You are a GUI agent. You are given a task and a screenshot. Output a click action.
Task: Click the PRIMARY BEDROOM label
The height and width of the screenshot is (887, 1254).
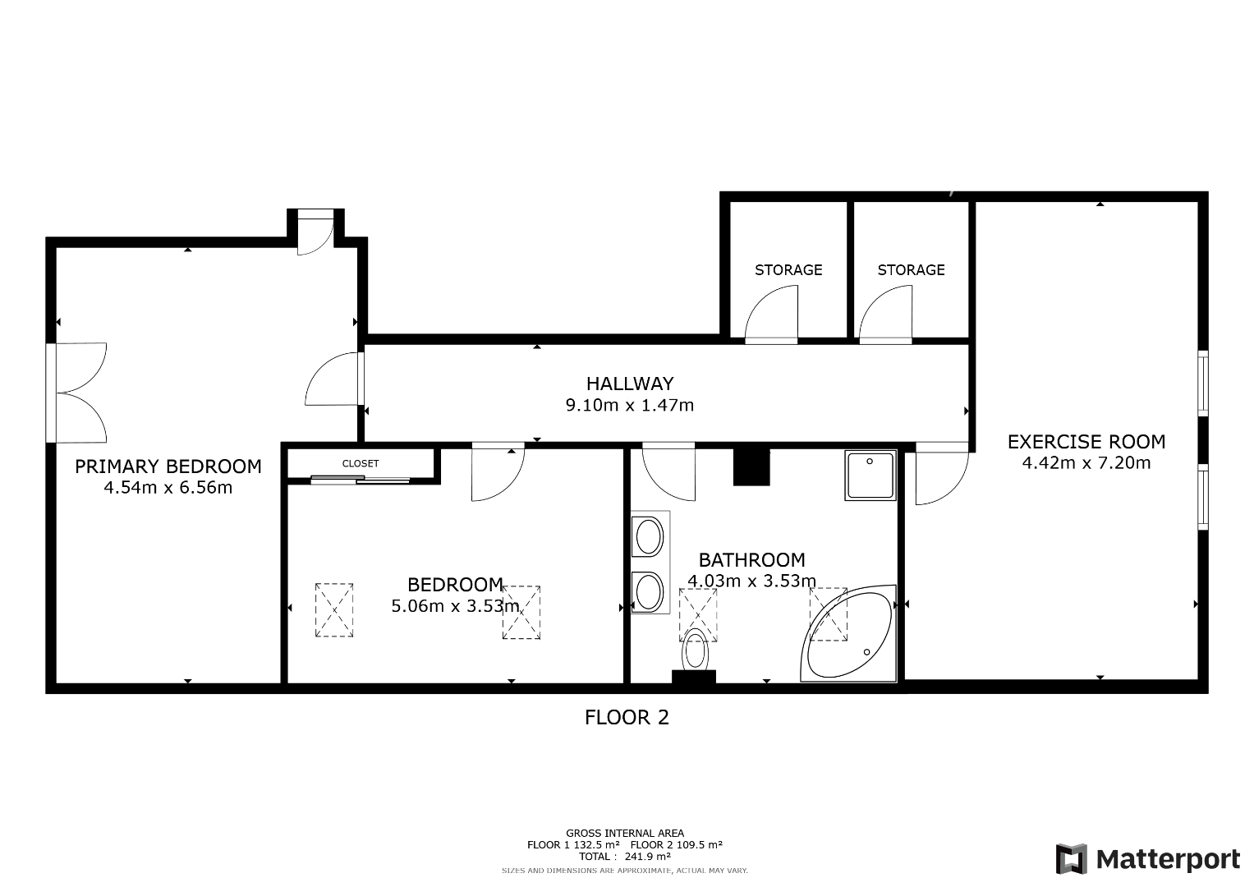tap(168, 466)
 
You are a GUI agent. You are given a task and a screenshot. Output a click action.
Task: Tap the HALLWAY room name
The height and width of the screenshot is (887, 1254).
tap(630, 384)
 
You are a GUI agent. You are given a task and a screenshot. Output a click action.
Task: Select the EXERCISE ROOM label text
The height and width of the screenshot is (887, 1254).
tap(1086, 442)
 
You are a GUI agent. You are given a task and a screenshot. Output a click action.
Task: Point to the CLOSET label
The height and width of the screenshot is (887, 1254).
tap(361, 464)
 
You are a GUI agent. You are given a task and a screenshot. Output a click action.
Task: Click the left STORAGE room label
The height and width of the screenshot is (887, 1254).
tap(788, 270)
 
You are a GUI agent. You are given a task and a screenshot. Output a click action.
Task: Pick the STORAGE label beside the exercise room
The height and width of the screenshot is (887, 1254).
tap(911, 270)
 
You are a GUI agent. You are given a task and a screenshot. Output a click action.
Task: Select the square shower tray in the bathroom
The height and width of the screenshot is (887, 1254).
tap(870, 476)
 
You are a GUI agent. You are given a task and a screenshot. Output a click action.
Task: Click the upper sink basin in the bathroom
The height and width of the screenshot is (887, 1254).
tap(649, 535)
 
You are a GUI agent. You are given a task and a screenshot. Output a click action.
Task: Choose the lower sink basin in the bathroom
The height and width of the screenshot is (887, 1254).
tap(649, 591)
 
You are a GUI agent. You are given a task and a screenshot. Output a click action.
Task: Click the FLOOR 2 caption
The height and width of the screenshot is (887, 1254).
tap(627, 717)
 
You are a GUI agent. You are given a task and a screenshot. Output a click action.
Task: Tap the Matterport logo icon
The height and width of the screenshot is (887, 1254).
tap(1072, 859)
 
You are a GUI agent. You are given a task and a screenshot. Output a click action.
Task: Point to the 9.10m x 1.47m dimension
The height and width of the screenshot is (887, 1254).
tap(630, 405)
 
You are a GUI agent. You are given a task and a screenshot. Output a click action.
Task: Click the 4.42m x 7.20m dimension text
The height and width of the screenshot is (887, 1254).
tap(1086, 463)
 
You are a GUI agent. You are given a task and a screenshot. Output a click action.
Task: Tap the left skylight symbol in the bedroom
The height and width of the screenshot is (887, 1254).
tap(334, 609)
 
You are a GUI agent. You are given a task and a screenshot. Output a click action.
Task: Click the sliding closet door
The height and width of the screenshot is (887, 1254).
tap(360, 480)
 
